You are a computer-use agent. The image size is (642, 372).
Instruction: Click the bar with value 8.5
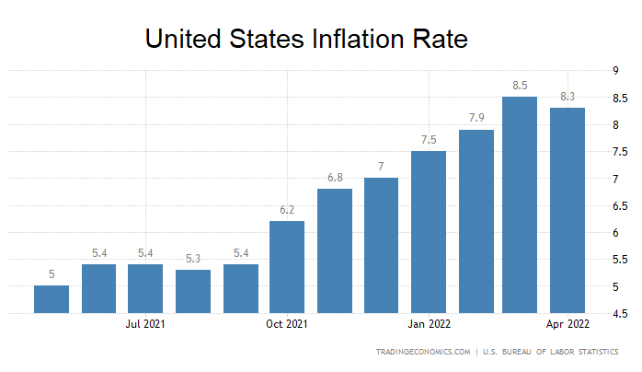coord(520,204)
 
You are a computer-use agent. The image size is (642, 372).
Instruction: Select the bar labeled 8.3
coord(567,210)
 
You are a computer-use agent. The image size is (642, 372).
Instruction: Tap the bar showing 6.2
coord(287,267)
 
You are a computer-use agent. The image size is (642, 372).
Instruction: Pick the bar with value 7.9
coord(476,221)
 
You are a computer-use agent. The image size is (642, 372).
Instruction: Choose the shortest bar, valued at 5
coord(52,299)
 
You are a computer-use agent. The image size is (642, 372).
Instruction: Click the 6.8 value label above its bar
coord(334,177)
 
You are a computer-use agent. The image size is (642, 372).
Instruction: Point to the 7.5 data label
coord(429,139)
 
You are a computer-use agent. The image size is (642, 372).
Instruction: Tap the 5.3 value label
coord(192,258)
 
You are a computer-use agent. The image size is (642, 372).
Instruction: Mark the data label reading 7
coord(381,166)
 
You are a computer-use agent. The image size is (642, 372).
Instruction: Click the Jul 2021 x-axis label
coord(145,324)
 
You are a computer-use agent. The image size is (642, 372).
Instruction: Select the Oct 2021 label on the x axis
coord(287,324)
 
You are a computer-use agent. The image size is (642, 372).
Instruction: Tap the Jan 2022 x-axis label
coord(429,324)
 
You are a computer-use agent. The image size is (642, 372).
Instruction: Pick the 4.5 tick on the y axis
coord(609,314)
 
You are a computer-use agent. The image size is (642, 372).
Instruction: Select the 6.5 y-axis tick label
coord(609,205)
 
